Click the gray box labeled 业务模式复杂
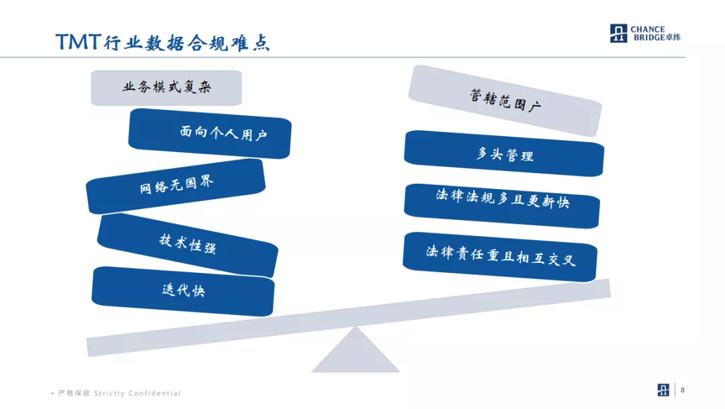click(166, 87)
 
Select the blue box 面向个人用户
click(209, 133)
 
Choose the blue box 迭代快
click(183, 290)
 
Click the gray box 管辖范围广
click(505, 101)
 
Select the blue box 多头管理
click(504, 154)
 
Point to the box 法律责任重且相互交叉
click(500, 255)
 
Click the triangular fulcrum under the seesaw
click(355, 352)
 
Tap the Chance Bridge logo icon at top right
click(618, 34)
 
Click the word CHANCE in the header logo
click(648, 30)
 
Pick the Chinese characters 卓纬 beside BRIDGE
click(673, 38)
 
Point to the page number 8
click(683, 390)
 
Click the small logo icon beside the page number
click(664, 390)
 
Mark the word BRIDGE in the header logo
click(647, 38)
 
